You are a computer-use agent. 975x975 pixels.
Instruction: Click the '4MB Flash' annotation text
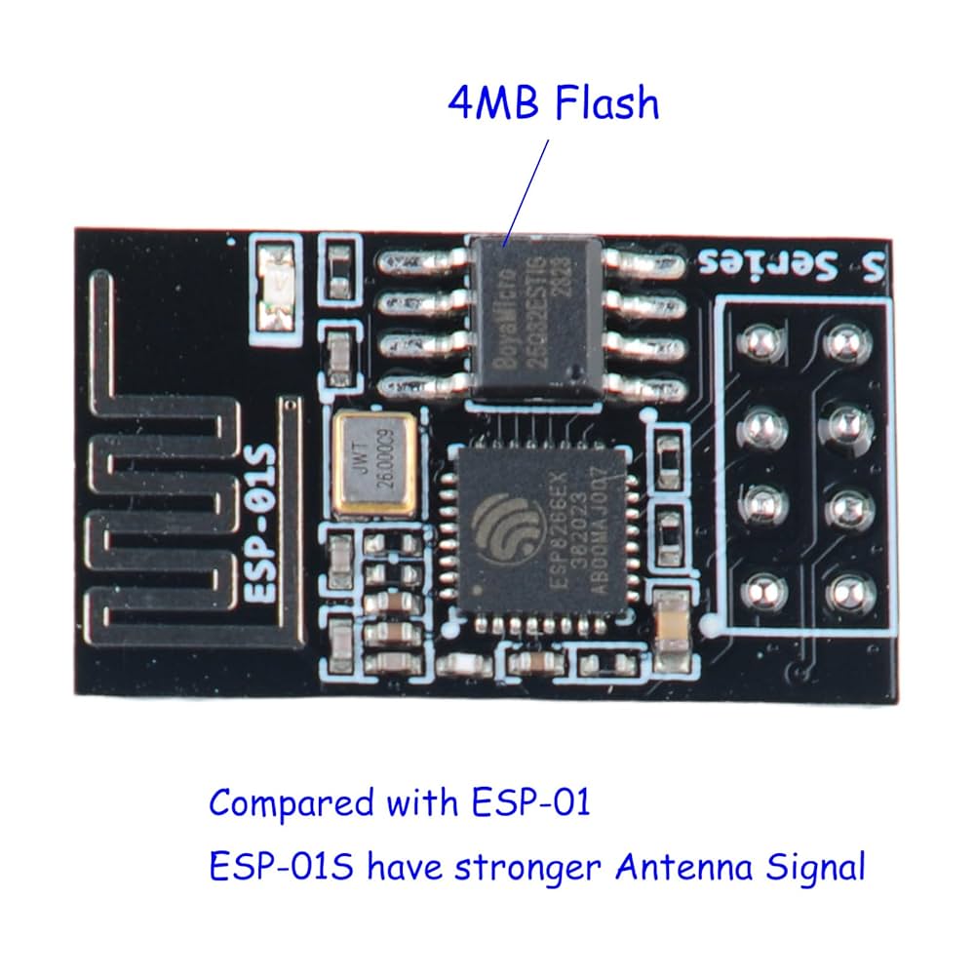tap(553, 103)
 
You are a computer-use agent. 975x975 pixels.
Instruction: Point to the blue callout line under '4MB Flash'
tap(527, 190)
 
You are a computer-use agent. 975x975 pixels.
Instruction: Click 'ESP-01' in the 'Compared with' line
tap(530, 804)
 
